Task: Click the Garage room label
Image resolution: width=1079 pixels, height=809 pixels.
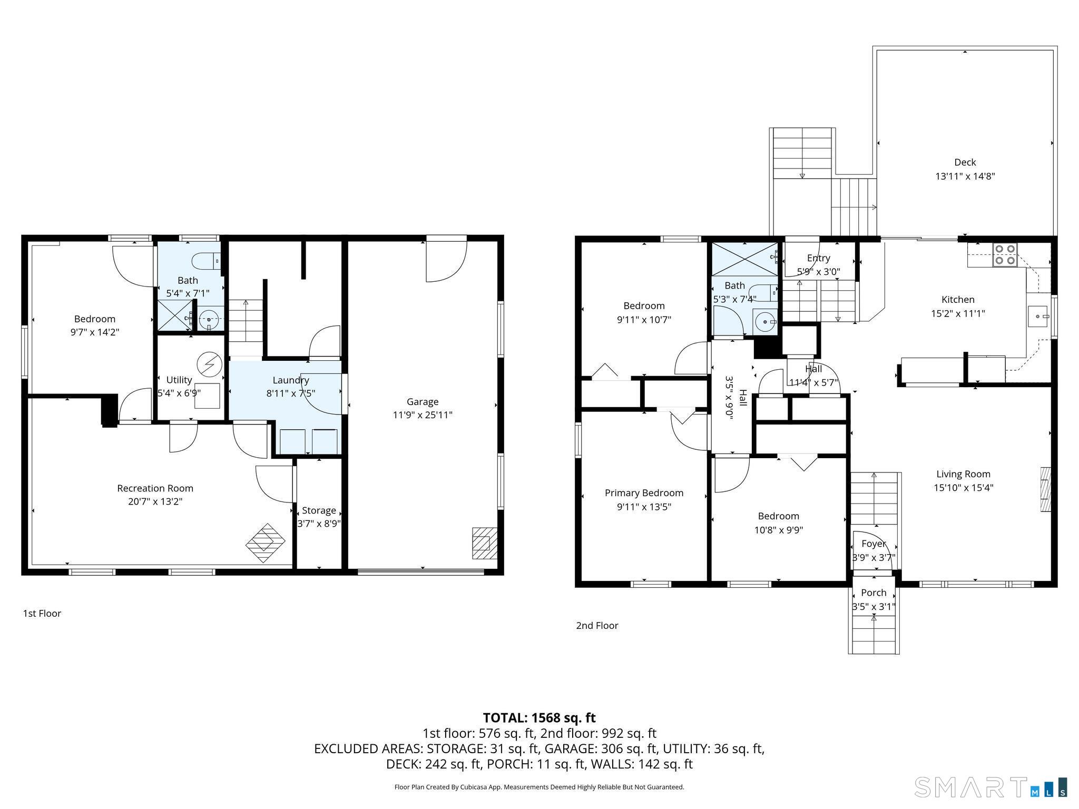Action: (x=422, y=401)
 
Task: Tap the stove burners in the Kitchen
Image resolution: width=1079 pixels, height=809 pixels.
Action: (x=1005, y=255)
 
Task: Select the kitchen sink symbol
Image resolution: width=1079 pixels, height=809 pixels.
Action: (x=1038, y=316)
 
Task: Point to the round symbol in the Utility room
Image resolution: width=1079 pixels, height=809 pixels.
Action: (x=209, y=364)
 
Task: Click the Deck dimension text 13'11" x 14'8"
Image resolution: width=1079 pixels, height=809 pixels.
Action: (x=965, y=176)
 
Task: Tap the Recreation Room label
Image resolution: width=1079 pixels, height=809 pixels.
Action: (x=155, y=488)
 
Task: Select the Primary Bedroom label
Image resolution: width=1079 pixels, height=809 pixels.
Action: (x=644, y=493)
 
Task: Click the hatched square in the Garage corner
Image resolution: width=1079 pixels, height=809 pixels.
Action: (x=484, y=543)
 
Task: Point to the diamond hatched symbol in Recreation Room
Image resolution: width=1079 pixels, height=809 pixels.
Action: (x=266, y=543)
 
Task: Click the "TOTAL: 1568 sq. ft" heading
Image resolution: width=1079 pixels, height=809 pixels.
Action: (x=539, y=718)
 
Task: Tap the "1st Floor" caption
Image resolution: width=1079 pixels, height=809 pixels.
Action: (x=42, y=613)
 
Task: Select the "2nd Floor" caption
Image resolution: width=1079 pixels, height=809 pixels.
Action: (x=597, y=625)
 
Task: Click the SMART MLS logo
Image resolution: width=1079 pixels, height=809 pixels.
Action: (x=990, y=787)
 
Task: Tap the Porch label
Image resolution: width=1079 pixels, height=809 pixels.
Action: (x=874, y=593)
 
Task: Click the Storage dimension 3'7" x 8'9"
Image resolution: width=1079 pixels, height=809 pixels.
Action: (x=319, y=524)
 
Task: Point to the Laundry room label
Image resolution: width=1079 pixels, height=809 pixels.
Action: (x=290, y=380)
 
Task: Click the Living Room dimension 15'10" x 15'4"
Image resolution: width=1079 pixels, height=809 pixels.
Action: (x=963, y=488)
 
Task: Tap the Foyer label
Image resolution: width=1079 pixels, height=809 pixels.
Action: (x=874, y=544)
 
